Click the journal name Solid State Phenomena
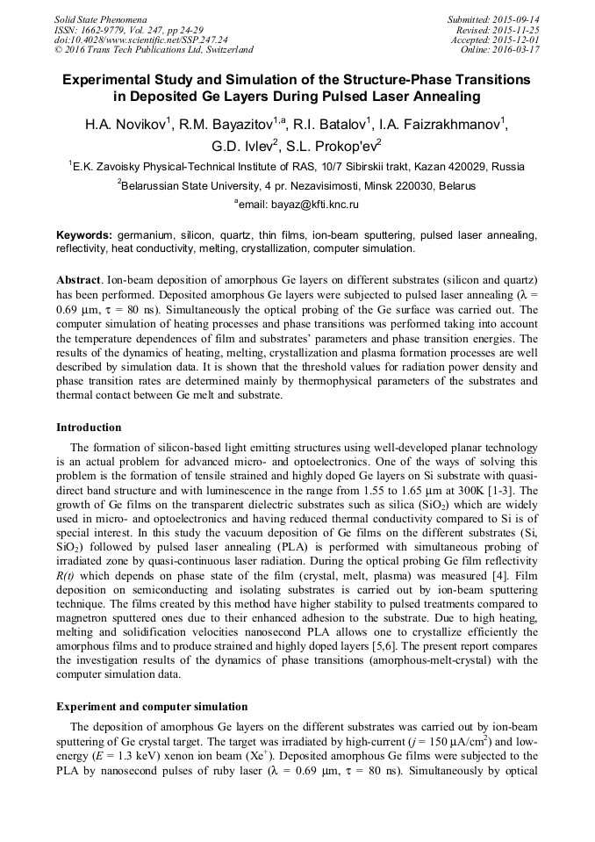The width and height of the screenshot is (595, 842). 100,19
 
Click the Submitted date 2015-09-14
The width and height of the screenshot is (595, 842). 513,19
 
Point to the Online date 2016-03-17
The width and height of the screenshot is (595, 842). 519,50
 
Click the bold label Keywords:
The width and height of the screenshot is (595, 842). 84,236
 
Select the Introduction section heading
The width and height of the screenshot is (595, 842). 89,428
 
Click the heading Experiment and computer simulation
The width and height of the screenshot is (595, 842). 152,707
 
